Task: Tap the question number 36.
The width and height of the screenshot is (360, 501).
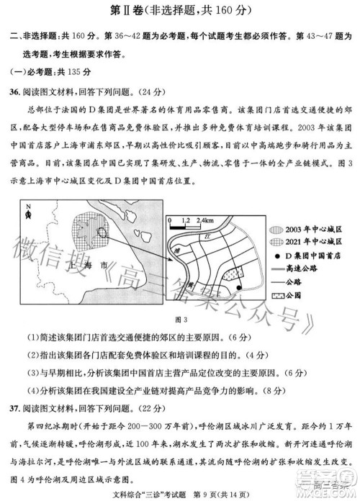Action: pos(14,92)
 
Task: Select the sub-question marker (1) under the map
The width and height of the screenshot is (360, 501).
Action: pos(33,337)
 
